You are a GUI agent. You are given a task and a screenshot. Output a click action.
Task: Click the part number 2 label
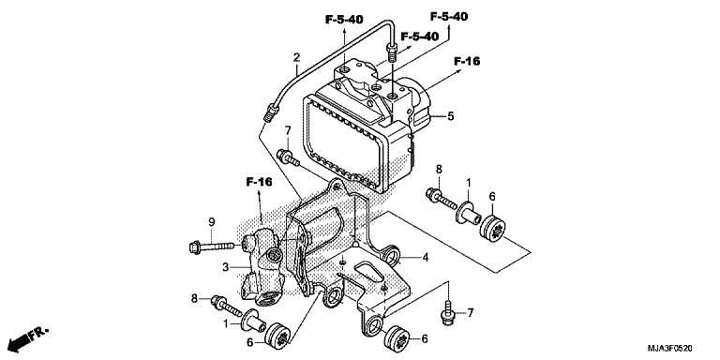[296, 58]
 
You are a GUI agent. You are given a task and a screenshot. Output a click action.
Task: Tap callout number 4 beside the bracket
[425, 257]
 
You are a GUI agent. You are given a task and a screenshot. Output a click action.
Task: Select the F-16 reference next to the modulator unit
[467, 61]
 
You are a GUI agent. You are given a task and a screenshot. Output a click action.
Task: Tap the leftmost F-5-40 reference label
[346, 18]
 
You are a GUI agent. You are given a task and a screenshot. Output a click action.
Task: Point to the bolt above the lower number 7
[450, 306]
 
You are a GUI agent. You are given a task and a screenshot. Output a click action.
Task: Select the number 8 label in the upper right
[438, 169]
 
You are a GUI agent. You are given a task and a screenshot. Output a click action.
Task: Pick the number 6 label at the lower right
[425, 338]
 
